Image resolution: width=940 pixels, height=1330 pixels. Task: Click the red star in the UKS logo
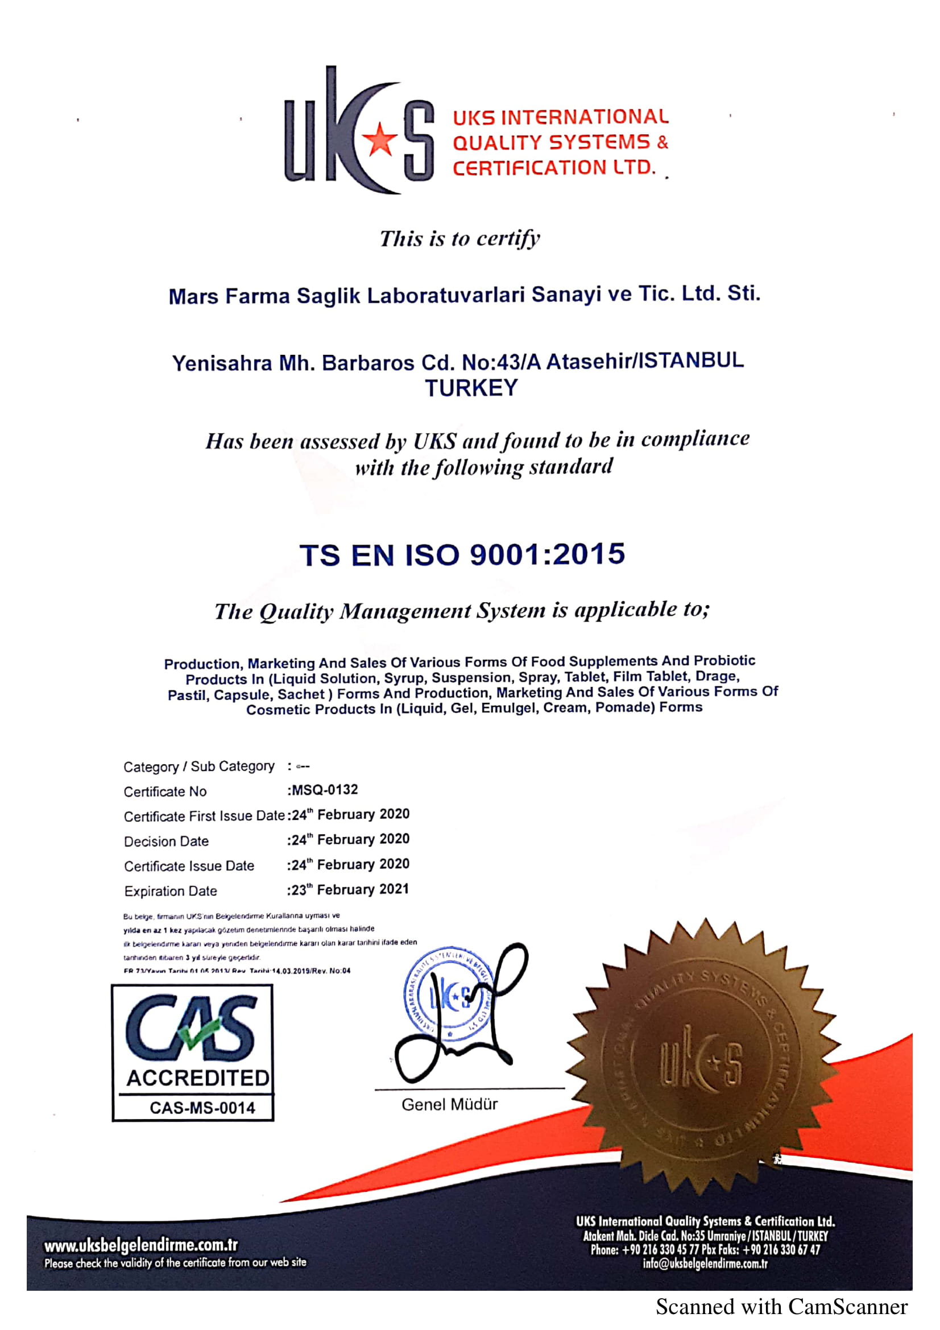point(379,138)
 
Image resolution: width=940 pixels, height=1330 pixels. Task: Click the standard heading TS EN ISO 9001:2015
point(462,554)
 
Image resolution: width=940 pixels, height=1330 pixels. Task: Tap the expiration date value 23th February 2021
point(350,889)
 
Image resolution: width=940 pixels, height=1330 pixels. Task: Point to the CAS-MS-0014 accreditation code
point(202,1108)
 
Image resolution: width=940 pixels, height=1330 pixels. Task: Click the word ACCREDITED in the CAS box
point(198,1078)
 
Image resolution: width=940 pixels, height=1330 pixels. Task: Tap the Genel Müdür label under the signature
point(449,1104)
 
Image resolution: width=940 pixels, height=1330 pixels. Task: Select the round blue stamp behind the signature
point(449,996)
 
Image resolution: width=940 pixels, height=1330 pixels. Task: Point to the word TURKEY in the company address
point(471,388)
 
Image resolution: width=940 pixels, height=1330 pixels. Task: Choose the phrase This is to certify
point(460,238)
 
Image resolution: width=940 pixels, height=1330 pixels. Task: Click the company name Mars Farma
point(229,296)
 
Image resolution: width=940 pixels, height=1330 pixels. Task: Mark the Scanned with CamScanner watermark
point(781,1307)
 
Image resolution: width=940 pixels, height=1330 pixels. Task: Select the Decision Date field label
point(166,841)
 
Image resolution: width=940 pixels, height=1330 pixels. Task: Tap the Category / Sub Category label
point(198,766)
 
